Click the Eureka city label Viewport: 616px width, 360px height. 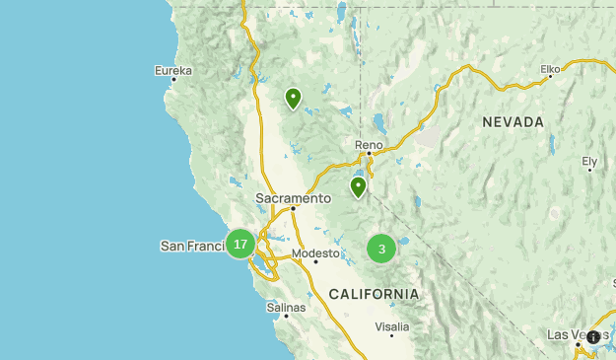tap(173, 70)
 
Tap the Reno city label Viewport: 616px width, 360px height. tap(368, 144)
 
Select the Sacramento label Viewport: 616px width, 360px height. tap(293, 197)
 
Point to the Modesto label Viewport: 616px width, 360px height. tap(315, 252)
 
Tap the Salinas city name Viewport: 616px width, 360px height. tap(286, 307)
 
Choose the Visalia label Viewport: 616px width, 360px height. tap(391, 325)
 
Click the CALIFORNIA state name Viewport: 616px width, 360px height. tap(374, 294)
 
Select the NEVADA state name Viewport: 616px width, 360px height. tap(513, 121)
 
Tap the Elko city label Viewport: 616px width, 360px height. tap(550, 69)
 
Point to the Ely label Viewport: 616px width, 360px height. tap(589, 160)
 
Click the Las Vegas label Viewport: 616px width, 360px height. tap(570, 334)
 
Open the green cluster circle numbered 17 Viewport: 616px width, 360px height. tap(240, 244)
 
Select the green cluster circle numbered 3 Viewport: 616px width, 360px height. tap(381, 249)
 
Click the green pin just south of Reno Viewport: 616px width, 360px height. tap(358, 185)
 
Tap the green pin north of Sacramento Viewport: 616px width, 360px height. tap(293, 97)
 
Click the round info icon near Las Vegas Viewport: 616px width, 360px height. tap(593, 337)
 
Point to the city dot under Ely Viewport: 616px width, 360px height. tap(589, 170)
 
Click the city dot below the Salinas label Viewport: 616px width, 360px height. tap(286, 316)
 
